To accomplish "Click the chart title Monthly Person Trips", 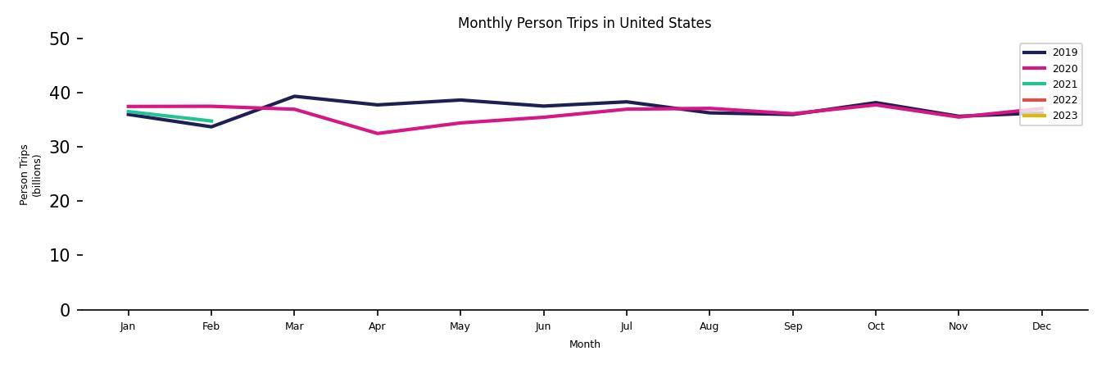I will pyautogui.click(x=584, y=23).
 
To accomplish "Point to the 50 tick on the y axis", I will pyautogui.click(x=59, y=39).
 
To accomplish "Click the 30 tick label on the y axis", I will pyautogui.click(x=59, y=147).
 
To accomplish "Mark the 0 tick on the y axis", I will pyautogui.click(x=65, y=310).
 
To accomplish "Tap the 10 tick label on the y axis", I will pyautogui.click(x=59, y=255).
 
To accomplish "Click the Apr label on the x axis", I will pyautogui.click(x=377, y=326).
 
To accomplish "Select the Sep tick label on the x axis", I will pyautogui.click(x=792, y=326).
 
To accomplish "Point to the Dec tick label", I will pyautogui.click(x=1041, y=326).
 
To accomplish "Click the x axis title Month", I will pyautogui.click(x=584, y=344).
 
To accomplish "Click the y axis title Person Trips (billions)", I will pyautogui.click(x=30, y=175).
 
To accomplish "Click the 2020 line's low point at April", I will pyautogui.click(x=377, y=134).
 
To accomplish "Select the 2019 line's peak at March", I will pyautogui.click(x=294, y=96).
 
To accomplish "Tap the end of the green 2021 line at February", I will pyautogui.click(x=211, y=121).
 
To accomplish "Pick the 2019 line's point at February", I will pyautogui.click(x=211, y=127).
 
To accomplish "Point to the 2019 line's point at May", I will pyautogui.click(x=460, y=100).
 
